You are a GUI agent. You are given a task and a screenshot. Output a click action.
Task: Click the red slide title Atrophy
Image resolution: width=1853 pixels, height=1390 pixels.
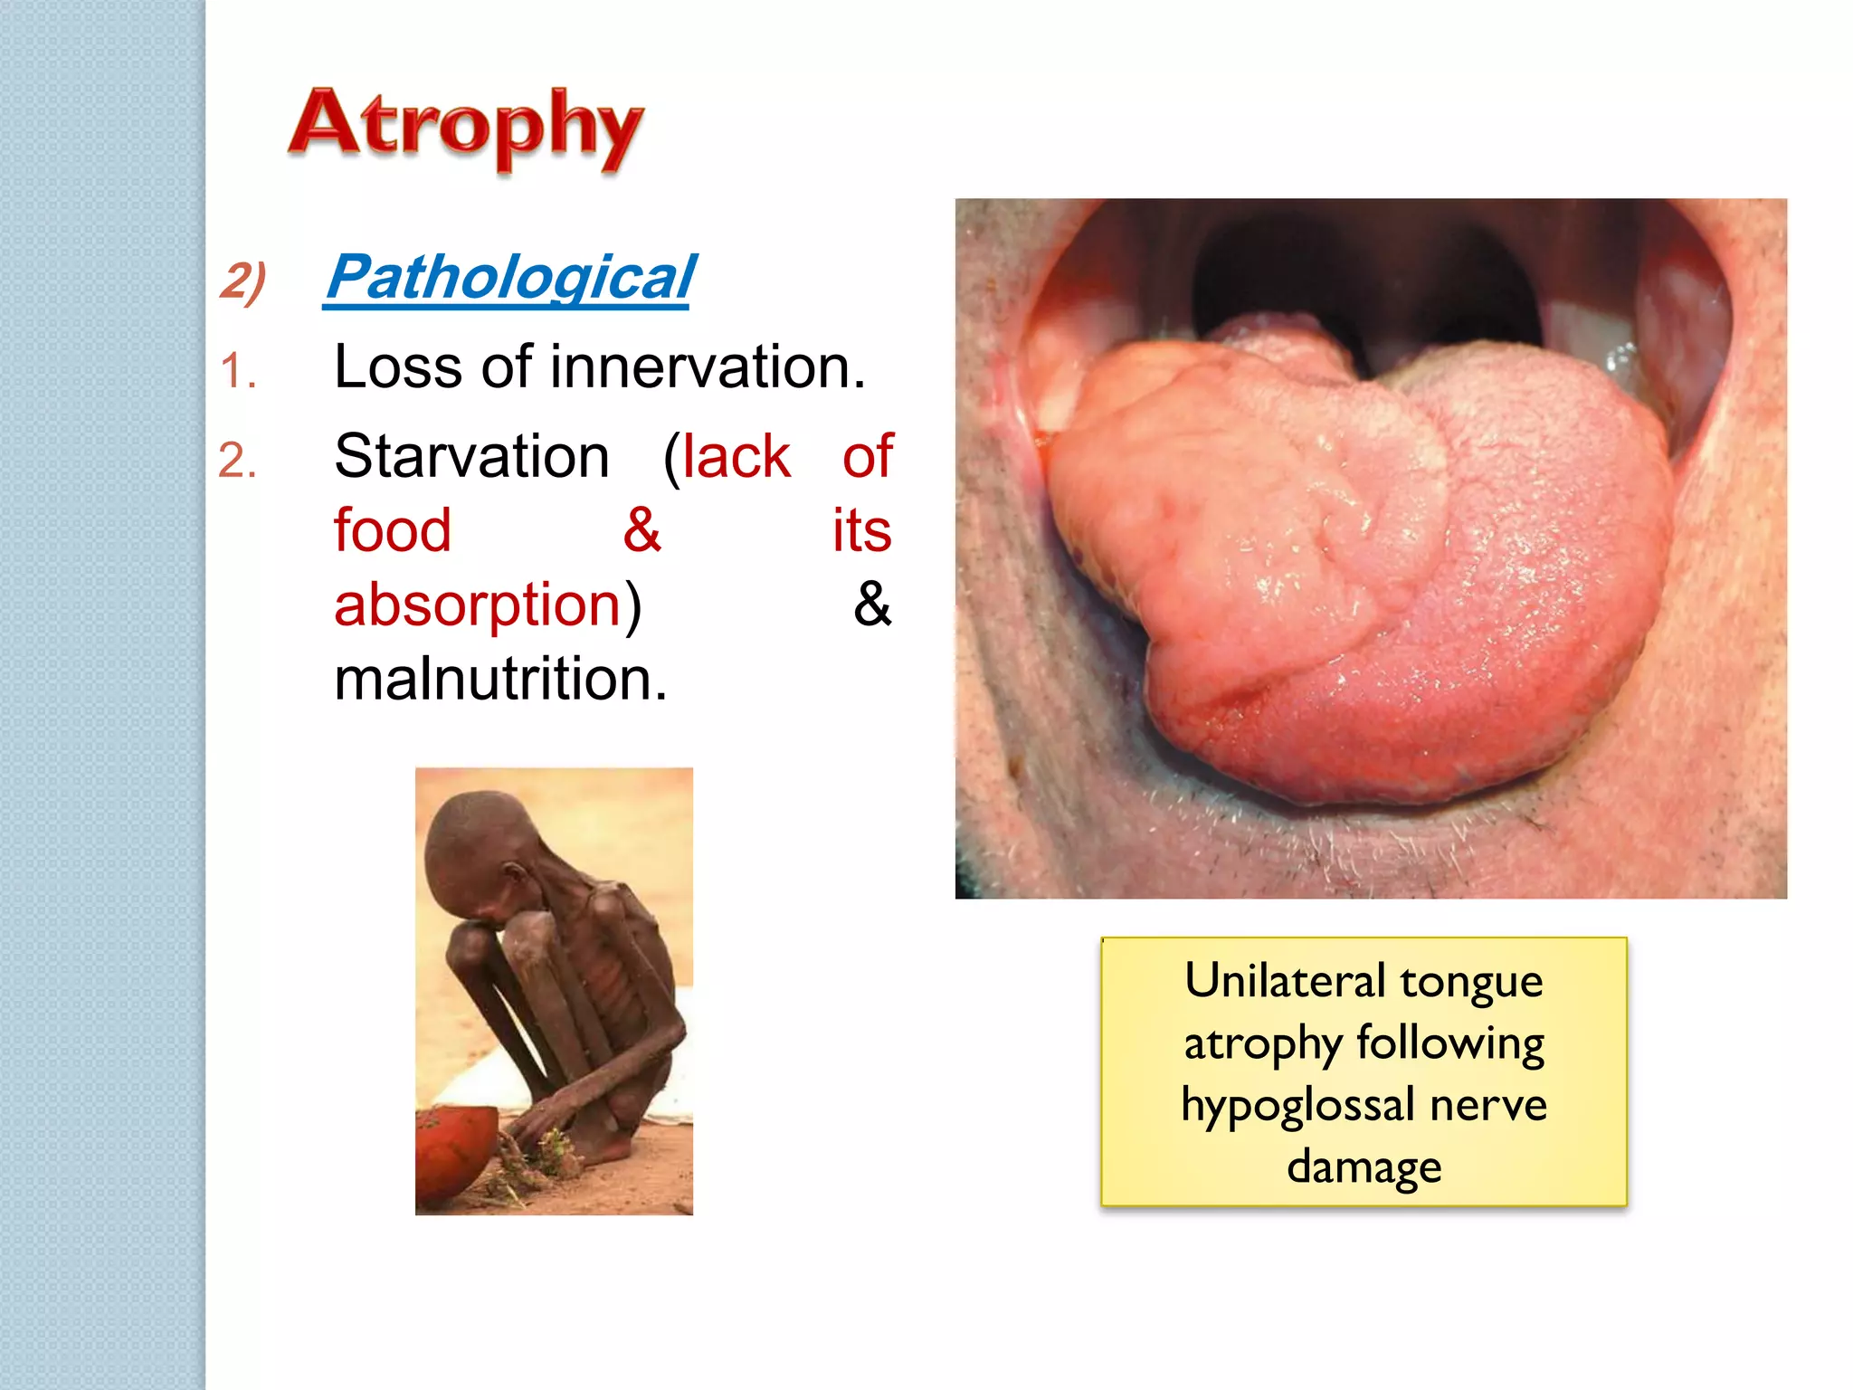click(x=465, y=127)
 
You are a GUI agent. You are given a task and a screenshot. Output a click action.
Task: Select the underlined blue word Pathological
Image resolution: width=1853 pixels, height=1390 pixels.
click(x=510, y=277)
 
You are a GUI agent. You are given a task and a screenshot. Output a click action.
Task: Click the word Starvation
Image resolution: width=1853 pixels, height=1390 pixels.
click(x=471, y=456)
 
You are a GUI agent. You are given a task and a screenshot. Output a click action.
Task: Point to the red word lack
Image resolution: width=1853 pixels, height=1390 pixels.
click(x=736, y=456)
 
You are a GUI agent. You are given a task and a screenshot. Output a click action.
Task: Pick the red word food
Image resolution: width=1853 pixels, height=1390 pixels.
click(x=392, y=530)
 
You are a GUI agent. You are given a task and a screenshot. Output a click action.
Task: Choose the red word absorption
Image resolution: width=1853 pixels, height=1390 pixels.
click(x=477, y=605)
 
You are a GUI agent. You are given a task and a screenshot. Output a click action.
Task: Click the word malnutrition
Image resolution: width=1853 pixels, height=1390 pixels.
click(x=499, y=679)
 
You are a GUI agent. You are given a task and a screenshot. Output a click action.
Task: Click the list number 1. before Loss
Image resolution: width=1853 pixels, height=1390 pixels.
click(x=238, y=371)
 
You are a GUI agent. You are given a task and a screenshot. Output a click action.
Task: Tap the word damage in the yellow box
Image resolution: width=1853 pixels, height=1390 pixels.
click(x=1364, y=1167)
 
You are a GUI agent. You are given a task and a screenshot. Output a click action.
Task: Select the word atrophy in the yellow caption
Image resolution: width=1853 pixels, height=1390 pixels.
click(x=1263, y=1044)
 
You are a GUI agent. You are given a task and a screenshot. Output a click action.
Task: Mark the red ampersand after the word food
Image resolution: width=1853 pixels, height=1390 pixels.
click(x=641, y=530)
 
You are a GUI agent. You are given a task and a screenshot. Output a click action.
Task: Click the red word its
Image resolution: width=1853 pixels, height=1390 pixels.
click(x=861, y=530)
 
